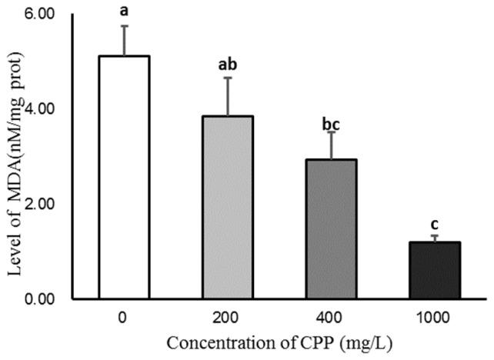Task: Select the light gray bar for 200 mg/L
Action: coord(227,207)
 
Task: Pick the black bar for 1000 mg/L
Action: coord(434,270)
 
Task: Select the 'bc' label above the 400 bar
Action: coord(330,119)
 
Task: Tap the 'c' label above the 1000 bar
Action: coord(434,224)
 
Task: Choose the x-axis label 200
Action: coord(227,316)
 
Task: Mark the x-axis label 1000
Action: coord(434,316)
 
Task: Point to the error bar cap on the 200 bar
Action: coord(227,78)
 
